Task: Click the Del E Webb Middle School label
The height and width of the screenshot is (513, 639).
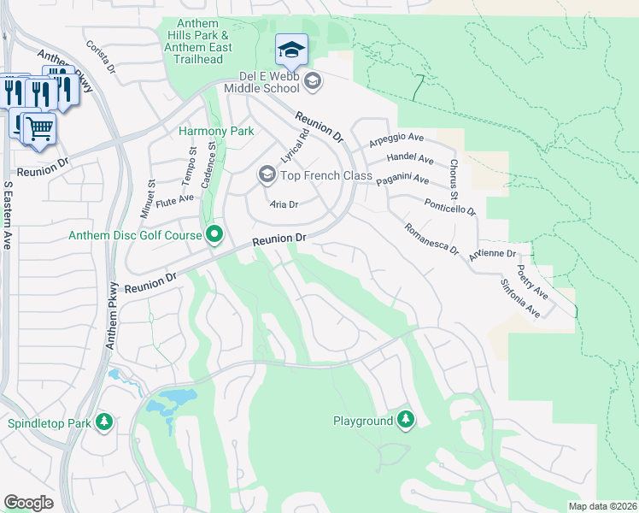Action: (262, 87)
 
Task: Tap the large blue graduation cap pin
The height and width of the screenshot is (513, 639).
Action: (291, 50)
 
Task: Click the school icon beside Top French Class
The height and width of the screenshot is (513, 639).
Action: (267, 175)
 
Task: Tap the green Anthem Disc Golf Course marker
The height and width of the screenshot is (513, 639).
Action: (214, 234)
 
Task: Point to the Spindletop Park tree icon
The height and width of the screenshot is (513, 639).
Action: (104, 422)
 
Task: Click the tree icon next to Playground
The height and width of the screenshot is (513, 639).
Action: (407, 420)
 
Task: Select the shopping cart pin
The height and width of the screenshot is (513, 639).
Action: (38, 128)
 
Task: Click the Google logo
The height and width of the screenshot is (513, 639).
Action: (28, 503)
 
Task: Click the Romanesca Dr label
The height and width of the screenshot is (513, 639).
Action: (431, 240)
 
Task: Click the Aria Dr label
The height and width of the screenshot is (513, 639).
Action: (284, 204)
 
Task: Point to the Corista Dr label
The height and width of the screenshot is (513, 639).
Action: (100, 56)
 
